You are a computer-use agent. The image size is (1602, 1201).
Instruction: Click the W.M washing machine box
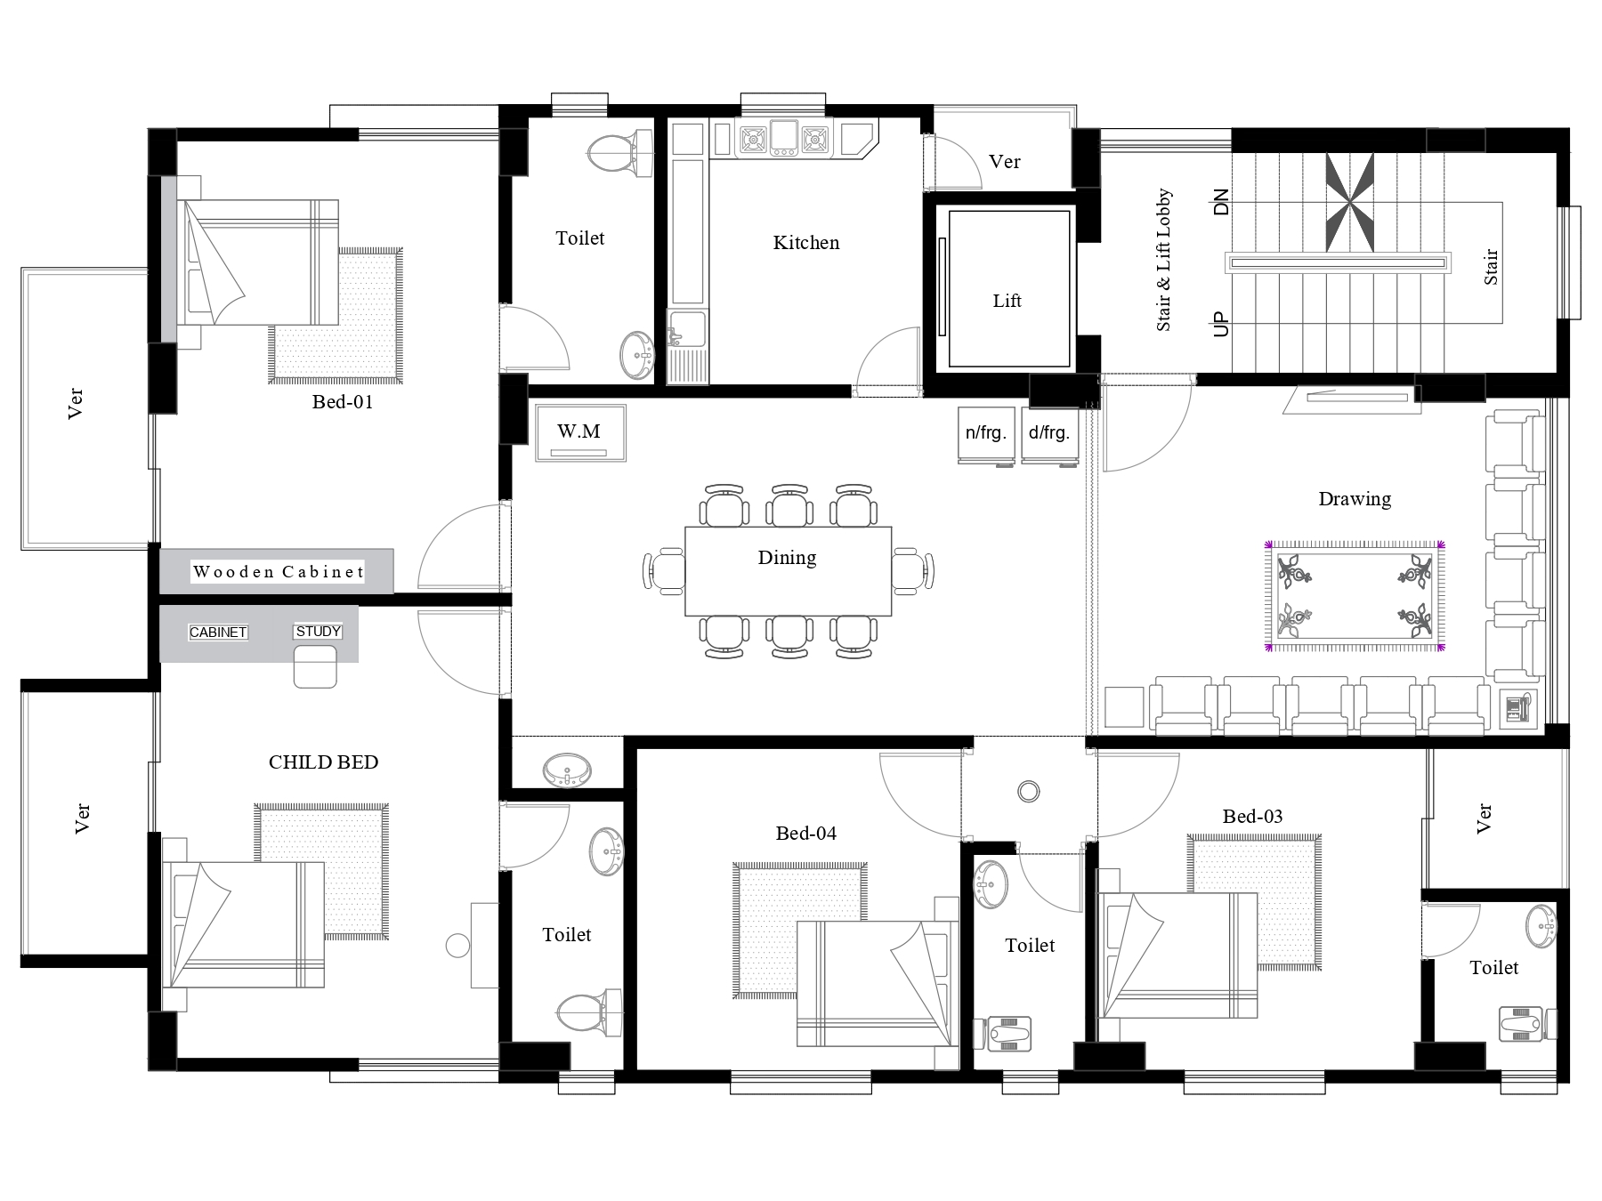(x=580, y=432)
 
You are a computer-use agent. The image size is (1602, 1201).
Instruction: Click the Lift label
(x=1007, y=301)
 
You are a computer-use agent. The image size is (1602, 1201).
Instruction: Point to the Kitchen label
(x=805, y=242)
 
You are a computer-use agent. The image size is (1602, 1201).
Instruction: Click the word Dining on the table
(x=787, y=557)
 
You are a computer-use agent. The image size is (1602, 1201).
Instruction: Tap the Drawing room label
(x=1355, y=498)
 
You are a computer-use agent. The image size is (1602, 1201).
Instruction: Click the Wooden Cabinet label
(x=279, y=571)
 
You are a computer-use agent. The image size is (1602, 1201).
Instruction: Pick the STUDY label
(x=318, y=632)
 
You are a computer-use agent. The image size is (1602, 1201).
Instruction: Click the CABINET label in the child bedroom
(x=218, y=633)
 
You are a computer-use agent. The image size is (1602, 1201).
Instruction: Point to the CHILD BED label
(x=323, y=762)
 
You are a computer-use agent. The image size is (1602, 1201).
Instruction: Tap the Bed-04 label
(x=805, y=833)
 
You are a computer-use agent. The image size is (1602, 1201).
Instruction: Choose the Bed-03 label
(x=1252, y=816)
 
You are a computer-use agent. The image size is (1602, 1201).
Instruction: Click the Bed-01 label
(x=342, y=401)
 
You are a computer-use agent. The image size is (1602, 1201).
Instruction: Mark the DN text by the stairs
(x=1221, y=202)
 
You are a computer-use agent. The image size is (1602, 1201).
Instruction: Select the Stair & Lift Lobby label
(x=1163, y=260)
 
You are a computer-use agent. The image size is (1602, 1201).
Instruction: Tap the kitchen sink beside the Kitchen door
(x=686, y=330)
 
